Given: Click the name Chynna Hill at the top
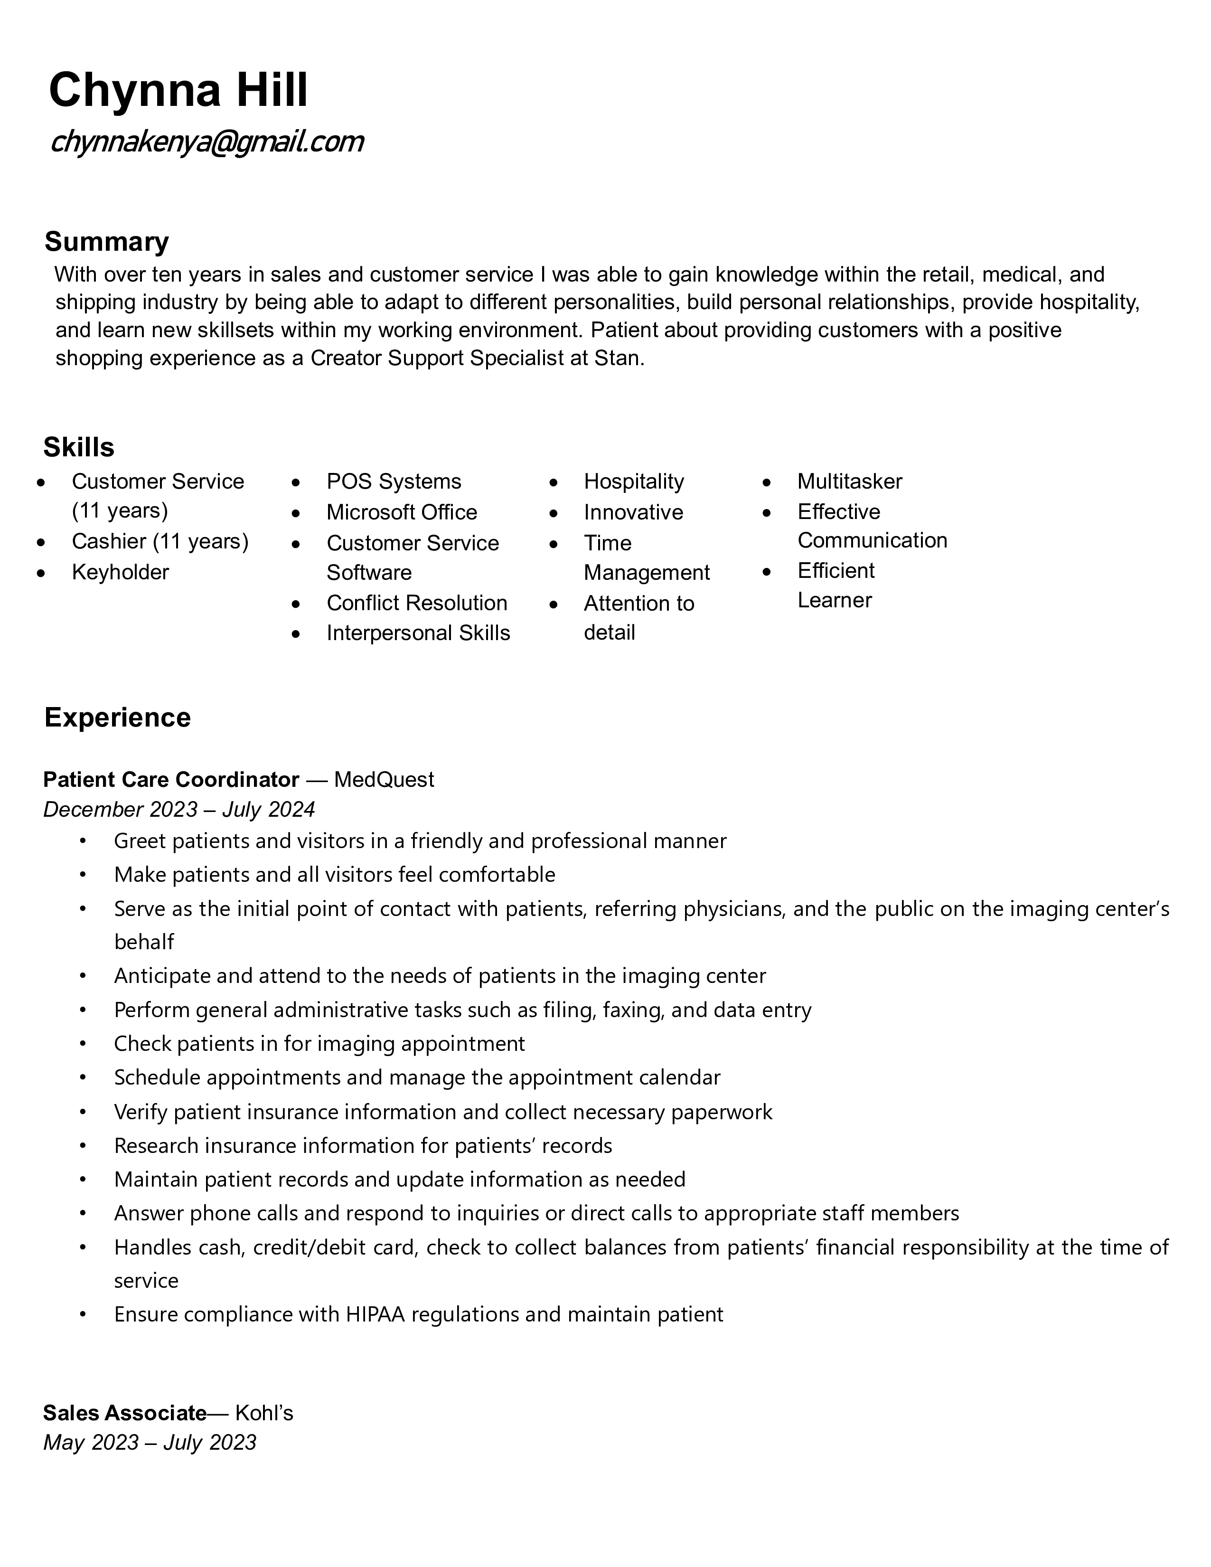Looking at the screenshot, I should tap(178, 90).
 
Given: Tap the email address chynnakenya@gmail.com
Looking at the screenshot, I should tap(207, 142).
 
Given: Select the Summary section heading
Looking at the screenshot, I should tap(106, 242).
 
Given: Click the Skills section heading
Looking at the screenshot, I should tap(79, 447).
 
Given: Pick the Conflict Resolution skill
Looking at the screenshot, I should tap(416, 603).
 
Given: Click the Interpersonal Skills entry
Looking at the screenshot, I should tap(418, 633).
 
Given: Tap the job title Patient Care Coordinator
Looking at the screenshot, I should tap(171, 779).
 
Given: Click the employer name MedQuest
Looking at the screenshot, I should tap(384, 779).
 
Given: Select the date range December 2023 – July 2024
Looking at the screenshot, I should tap(178, 809).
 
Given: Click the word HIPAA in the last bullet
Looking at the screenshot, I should tap(375, 1314).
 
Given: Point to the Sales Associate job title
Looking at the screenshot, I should tap(125, 1413).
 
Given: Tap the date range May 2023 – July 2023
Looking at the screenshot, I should tap(149, 1442).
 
